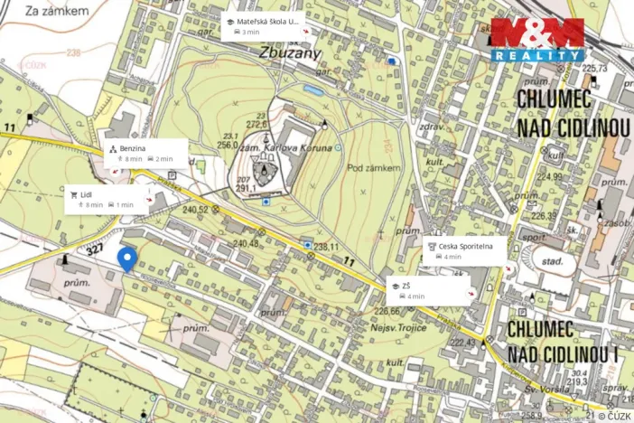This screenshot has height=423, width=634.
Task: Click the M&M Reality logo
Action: click(x=537, y=39)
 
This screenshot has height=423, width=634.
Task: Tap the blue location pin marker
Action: click(x=127, y=259)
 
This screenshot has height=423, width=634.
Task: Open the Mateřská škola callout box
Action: click(x=263, y=26)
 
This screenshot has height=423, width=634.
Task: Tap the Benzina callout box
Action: click(x=144, y=153)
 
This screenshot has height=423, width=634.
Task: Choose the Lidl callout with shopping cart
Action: click(x=107, y=199)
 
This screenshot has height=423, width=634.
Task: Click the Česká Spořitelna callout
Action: click(x=464, y=250)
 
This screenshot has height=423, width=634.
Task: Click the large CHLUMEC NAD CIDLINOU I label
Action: click(x=561, y=341)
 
